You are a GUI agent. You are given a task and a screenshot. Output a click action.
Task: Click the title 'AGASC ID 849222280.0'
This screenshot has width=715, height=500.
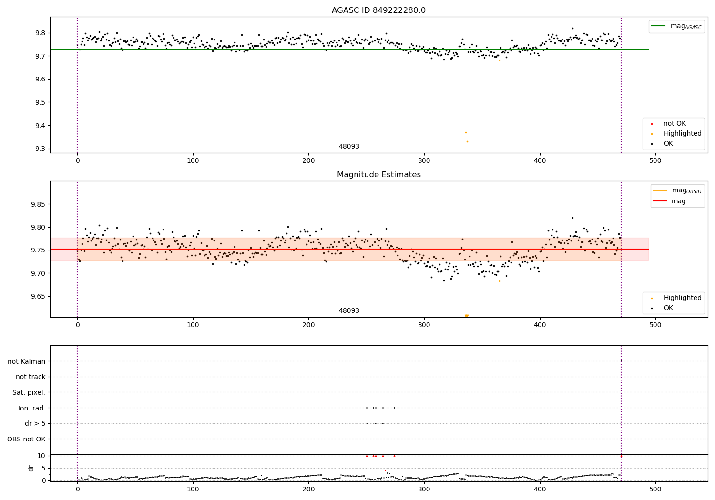(x=378, y=10)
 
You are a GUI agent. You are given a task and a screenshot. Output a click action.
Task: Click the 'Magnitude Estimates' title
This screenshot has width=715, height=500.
(x=378, y=175)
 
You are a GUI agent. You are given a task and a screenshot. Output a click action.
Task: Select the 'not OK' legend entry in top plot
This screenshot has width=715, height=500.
(x=674, y=124)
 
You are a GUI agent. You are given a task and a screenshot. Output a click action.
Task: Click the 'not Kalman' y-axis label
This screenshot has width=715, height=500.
(x=27, y=361)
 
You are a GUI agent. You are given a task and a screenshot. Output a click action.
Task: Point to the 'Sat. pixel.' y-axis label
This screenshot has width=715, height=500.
(x=29, y=392)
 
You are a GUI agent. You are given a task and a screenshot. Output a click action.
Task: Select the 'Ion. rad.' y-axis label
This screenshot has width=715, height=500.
(x=32, y=408)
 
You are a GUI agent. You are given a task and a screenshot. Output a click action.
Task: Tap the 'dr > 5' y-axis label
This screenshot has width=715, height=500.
(x=35, y=423)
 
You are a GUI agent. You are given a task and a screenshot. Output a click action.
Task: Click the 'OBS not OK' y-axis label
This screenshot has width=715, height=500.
(x=27, y=439)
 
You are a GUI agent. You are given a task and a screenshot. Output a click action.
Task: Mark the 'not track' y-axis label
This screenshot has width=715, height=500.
(x=31, y=377)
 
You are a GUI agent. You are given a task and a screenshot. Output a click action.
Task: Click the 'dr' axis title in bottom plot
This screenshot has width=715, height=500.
(x=31, y=468)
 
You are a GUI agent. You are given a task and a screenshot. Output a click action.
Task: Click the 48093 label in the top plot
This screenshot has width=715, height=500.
(x=349, y=147)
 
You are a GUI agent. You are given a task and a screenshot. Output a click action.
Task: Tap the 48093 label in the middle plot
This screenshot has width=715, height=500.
(x=349, y=311)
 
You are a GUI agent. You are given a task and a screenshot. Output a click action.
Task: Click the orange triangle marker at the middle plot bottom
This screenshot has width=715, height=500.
(x=467, y=316)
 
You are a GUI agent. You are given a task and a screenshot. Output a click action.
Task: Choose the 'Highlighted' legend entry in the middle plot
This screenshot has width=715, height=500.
(x=682, y=298)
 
